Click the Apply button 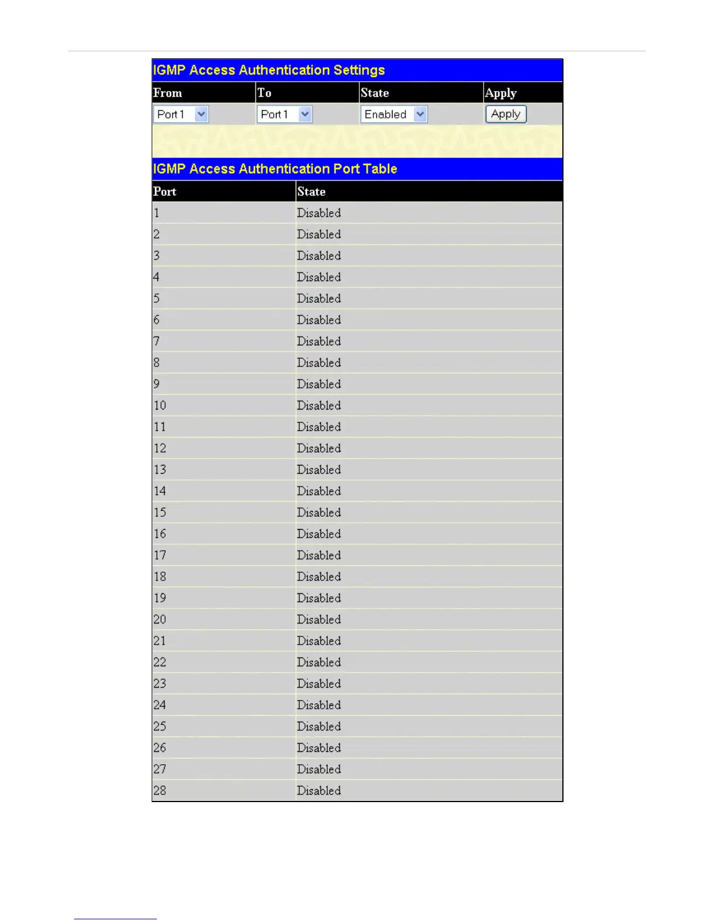(x=506, y=114)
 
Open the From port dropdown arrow (x=201, y=114)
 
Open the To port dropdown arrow (x=305, y=114)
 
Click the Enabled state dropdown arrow (x=420, y=114)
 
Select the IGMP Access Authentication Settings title (x=269, y=71)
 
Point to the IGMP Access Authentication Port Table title (x=275, y=169)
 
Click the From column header (x=167, y=93)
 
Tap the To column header (x=264, y=93)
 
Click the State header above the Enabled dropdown (x=374, y=93)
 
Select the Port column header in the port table (x=164, y=191)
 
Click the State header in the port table (x=311, y=191)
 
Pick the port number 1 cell (x=156, y=213)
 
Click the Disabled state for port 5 (x=318, y=299)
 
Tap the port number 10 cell (x=160, y=405)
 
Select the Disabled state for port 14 (x=318, y=491)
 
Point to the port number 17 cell (x=160, y=555)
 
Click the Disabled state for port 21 (x=318, y=641)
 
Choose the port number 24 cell (x=160, y=705)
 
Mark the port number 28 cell (x=160, y=791)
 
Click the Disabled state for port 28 (x=318, y=791)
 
